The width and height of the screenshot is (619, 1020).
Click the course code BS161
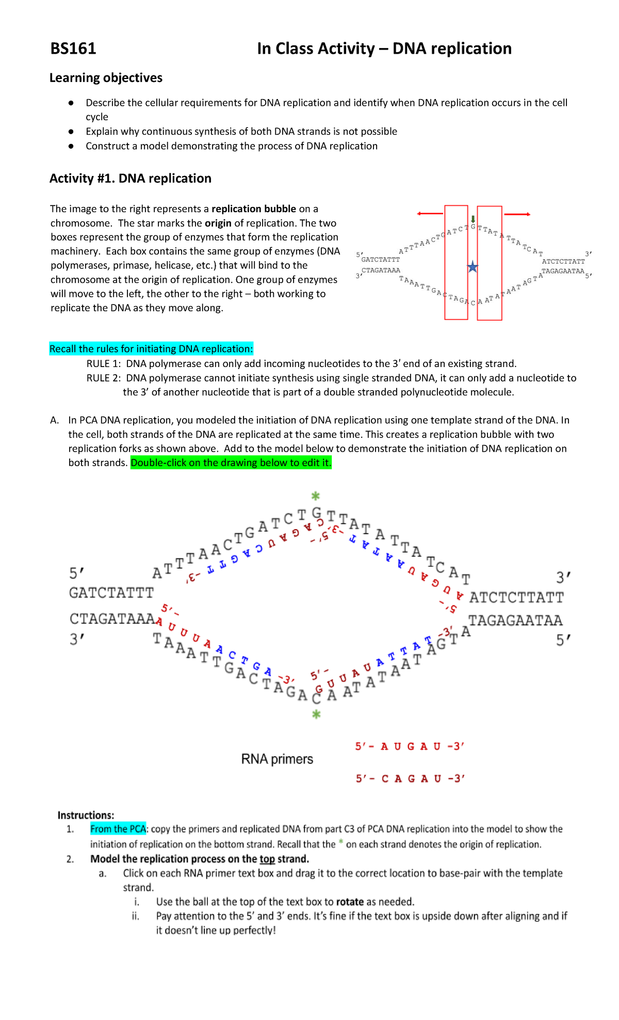click(73, 49)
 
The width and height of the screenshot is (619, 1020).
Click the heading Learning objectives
click(106, 78)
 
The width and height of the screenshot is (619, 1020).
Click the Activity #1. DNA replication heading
click(130, 179)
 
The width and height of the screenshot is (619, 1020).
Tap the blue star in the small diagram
click(473, 267)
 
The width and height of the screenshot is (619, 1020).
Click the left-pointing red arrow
click(430, 214)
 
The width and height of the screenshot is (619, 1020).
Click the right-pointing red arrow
click(517, 214)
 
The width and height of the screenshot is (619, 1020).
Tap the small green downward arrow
click(473, 219)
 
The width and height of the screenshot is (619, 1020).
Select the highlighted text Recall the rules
click(151, 349)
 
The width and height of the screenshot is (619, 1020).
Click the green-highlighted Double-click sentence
click(231, 463)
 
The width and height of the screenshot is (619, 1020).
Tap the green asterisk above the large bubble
click(316, 497)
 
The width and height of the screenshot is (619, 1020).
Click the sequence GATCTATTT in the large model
click(111, 593)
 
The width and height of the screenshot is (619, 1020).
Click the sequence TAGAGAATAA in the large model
click(515, 620)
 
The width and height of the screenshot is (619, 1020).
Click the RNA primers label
click(277, 759)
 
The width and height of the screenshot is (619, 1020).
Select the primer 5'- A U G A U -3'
click(410, 746)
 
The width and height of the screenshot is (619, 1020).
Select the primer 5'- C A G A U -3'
click(410, 779)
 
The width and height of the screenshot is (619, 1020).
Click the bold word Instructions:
click(86, 815)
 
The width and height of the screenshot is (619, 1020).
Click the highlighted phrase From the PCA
click(118, 829)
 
